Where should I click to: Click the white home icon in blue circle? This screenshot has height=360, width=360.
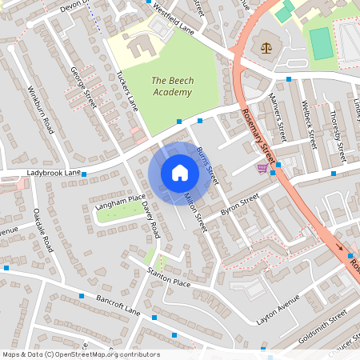click(x=180, y=173)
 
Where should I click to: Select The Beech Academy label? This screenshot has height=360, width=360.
click(x=171, y=86)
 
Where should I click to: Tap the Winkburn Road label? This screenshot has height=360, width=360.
click(x=42, y=109)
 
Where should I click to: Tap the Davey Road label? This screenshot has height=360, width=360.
click(x=150, y=218)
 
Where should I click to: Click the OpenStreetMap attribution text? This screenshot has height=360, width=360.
click(x=81, y=354)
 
